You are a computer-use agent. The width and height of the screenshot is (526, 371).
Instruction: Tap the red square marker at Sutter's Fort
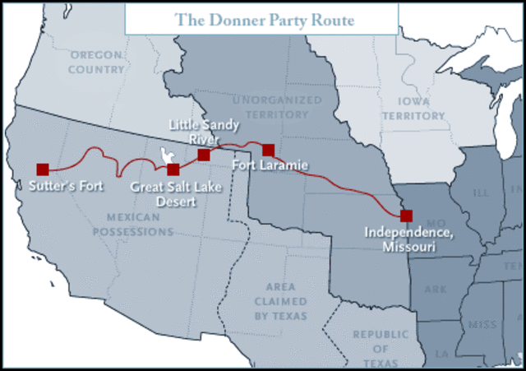click(x=43, y=169)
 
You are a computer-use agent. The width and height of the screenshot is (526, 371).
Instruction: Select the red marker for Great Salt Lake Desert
click(x=173, y=169)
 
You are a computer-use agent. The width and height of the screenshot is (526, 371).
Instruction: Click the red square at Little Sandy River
click(x=204, y=155)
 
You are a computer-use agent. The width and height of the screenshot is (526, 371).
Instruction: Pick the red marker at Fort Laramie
click(x=268, y=150)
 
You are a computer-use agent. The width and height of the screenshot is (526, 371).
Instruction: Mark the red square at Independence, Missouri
click(x=406, y=216)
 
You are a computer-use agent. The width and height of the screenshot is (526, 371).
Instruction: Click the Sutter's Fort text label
click(x=67, y=186)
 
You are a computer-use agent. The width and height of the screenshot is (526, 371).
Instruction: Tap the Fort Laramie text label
click(x=270, y=166)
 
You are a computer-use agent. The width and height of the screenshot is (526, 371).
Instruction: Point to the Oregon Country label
click(x=96, y=62)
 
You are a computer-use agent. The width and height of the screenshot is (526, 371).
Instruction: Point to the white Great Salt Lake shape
click(x=168, y=155)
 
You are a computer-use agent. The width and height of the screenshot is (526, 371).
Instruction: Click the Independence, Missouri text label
click(x=408, y=239)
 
